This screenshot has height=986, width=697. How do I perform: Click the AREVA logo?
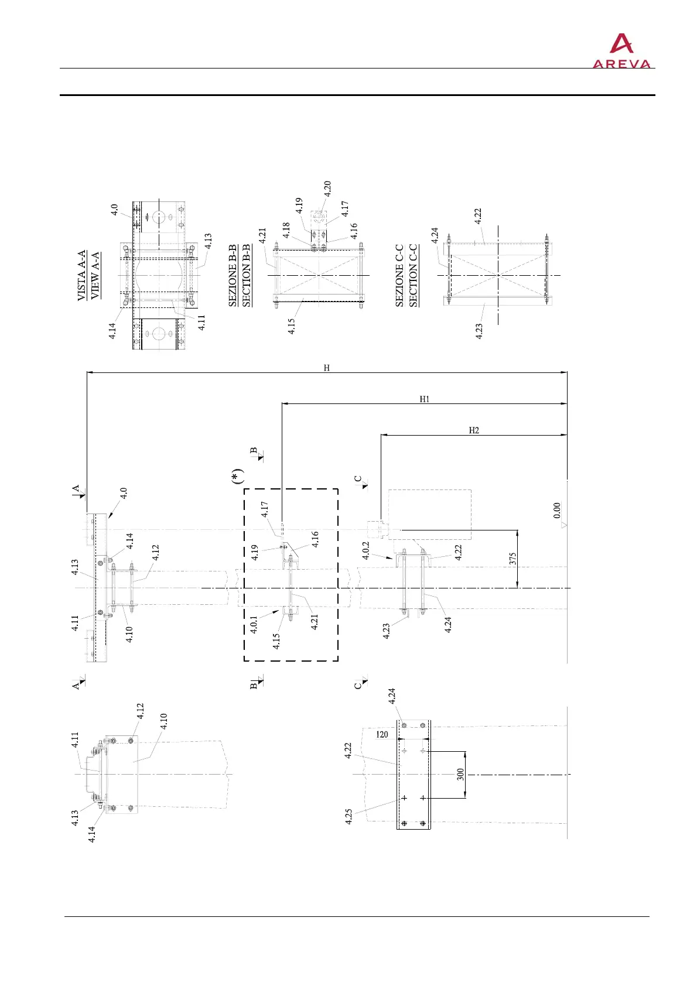pyautogui.click(x=621, y=51)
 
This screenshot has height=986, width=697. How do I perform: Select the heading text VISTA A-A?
pyautogui.click(x=82, y=275)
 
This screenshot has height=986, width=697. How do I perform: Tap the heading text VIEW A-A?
pyautogui.click(x=95, y=275)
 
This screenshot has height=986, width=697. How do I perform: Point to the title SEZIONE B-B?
pyautogui.click(x=233, y=276)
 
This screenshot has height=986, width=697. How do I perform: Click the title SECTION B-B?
pyautogui.click(x=246, y=276)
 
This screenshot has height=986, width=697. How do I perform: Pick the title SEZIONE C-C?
pyautogui.click(x=399, y=276)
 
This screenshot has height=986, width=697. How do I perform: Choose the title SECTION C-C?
pyautogui.click(x=413, y=276)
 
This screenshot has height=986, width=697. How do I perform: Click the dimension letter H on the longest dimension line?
pyautogui.click(x=327, y=368)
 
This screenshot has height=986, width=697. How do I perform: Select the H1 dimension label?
pyautogui.click(x=425, y=399)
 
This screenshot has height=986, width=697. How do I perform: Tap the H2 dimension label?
pyautogui.click(x=474, y=430)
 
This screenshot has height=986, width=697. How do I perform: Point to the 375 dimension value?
pyautogui.click(x=511, y=559)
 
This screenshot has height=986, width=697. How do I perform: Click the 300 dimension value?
pyautogui.click(x=461, y=775)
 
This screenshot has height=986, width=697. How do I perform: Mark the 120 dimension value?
pyautogui.click(x=382, y=734)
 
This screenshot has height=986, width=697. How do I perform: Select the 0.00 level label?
pyautogui.click(x=557, y=510)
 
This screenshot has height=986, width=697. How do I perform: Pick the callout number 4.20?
pyautogui.click(x=327, y=189)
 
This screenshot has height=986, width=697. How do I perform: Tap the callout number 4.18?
pyautogui.click(x=286, y=230)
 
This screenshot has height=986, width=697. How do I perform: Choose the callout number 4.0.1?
pyautogui.click(x=254, y=624)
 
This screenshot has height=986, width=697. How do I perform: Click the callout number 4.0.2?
pyautogui.click(x=366, y=551)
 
